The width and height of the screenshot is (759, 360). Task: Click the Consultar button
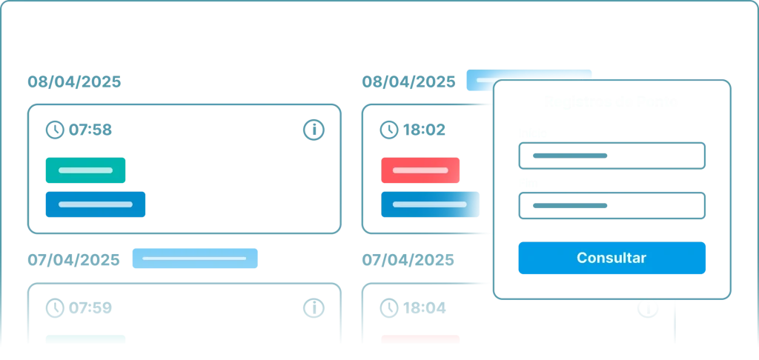coord(611,259)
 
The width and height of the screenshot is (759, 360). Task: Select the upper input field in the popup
coord(611,156)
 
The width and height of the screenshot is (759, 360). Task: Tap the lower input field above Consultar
coord(611,206)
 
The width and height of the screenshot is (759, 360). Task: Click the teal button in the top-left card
coord(86,170)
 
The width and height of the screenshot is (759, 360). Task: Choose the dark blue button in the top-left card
coord(95,204)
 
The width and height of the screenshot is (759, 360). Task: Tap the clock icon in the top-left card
coord(54,130)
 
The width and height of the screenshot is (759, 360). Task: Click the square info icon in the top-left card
coord(314,130)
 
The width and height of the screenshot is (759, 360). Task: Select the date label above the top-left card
coord(73,81)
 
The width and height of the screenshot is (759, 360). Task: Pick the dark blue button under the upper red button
coord(429,204)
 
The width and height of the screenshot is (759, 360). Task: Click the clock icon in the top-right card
coord(388,130)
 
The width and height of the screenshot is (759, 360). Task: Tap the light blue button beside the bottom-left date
coord(195,259)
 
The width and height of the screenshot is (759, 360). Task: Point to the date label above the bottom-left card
coord(73,259)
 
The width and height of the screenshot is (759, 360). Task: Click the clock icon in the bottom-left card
coord(54,307)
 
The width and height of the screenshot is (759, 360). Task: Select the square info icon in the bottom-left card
coord(314,307)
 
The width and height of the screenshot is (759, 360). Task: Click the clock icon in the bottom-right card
coord(388,307)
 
